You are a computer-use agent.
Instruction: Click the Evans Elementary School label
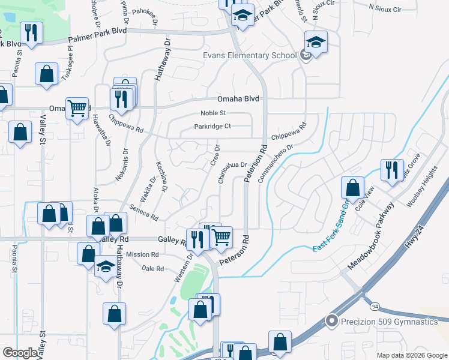(x=250, y=55)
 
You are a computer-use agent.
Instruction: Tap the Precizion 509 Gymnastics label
(x=390, y=322)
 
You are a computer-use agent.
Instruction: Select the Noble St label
(x=214, y=113)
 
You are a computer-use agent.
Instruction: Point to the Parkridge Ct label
(x=212, y=126)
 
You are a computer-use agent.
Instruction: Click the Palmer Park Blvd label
(x=97, y=35)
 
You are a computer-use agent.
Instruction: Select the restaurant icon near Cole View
(x=392, y=170)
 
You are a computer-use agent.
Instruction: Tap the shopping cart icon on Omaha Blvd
(x=77, y=109)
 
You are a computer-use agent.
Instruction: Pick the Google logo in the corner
(x=20, y=353)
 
